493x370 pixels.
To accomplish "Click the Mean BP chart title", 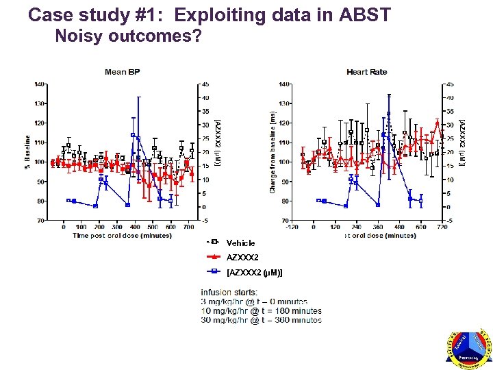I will (x=122, y=72).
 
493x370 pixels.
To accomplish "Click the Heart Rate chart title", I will (x=366, y=72).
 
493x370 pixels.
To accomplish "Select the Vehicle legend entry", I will (x=240, y=243).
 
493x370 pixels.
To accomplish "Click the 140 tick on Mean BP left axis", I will (x=40, y=84).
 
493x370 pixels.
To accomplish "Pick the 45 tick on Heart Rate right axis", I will (x=450, y=84).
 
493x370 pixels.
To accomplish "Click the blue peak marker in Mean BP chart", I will (x=133, y=135).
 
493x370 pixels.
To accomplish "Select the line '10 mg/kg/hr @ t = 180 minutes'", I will (x=261, y=310).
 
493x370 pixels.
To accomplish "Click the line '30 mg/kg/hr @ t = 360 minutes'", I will (x=261, y=320).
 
